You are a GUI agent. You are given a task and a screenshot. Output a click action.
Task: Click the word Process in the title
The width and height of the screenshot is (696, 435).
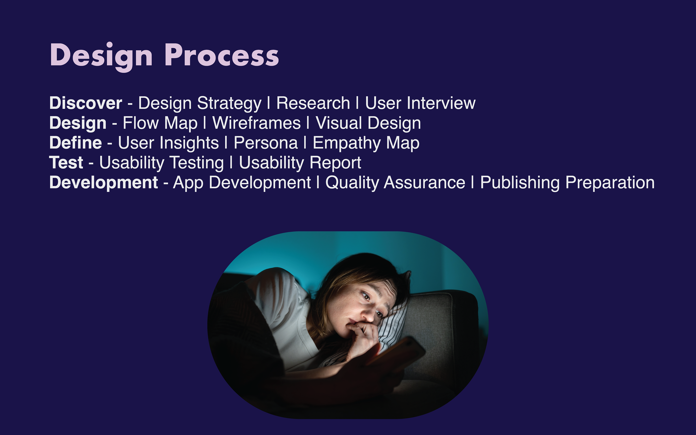point(221,55)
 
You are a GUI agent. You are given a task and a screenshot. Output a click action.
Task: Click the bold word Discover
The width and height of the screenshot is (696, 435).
point(86,103)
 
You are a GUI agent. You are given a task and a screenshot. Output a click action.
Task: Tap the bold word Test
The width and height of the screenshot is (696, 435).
point(66,163)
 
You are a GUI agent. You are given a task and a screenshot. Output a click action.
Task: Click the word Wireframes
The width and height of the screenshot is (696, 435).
point(256,123)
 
